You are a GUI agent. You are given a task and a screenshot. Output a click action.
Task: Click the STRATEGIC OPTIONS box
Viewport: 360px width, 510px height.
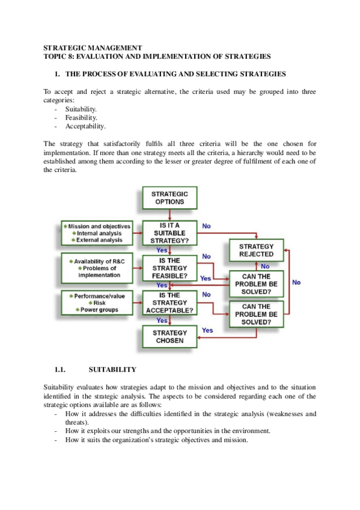click(169, 198)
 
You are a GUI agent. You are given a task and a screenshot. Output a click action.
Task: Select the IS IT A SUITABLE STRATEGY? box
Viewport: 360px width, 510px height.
click(169, 233)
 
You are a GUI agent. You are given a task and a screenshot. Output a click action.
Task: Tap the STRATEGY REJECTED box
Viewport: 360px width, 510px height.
click(256, 250)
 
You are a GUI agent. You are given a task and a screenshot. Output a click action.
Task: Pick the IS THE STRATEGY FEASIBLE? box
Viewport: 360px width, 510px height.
click(169, 268)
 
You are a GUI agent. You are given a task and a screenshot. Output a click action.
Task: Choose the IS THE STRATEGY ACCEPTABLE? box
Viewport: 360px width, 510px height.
click(169, 303)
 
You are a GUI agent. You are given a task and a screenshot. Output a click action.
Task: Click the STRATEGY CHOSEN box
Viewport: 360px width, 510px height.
click(169, 337)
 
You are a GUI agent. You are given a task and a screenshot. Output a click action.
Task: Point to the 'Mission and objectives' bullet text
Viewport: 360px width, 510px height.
click(99, 226)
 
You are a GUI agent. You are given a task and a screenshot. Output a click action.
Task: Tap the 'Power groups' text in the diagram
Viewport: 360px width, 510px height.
click(99, 310)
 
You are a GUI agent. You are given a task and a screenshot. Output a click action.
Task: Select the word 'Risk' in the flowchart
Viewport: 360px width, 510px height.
click(99, 303)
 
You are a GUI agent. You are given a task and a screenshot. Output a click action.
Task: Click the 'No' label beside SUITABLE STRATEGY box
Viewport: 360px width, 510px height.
click(206, 226)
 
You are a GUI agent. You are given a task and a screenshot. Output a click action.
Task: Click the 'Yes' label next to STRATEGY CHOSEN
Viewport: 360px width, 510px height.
click(207, 330)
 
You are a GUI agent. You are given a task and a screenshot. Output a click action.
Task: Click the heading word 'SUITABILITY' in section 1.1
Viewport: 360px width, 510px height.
click(112, 369)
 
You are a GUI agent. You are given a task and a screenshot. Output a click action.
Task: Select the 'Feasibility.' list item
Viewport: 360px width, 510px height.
click(81, 118)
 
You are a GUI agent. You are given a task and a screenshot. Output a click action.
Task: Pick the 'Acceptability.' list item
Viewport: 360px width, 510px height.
click(85, 126)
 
